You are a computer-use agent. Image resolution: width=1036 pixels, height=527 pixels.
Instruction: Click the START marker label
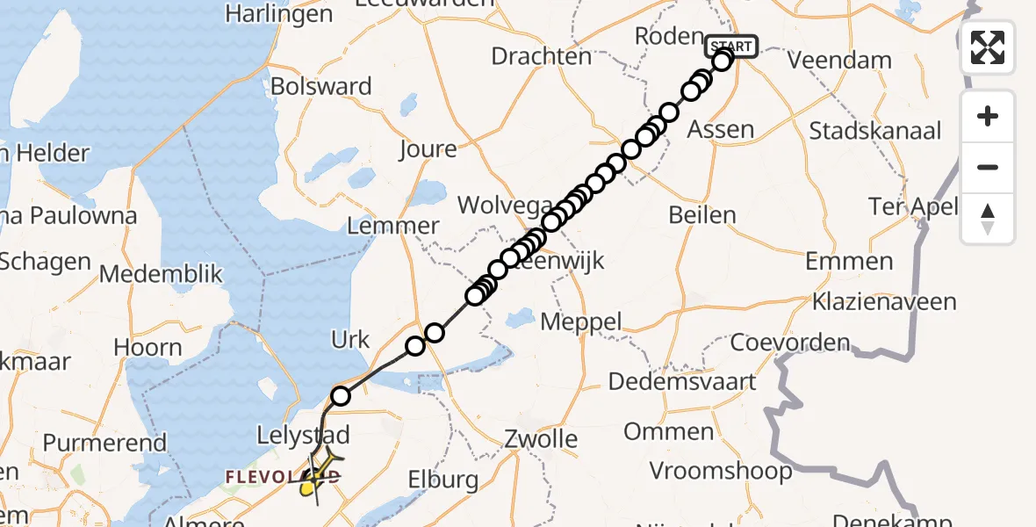[729, 46]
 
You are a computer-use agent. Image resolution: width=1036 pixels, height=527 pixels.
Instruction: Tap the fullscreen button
[988, 47]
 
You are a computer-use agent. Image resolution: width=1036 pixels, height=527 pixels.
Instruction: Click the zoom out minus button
[988, 167]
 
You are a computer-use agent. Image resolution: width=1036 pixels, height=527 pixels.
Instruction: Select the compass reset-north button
[988, 219]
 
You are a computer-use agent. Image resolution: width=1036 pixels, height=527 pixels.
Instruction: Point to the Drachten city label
[541, 56]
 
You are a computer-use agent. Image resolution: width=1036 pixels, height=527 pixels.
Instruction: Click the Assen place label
[721, 130]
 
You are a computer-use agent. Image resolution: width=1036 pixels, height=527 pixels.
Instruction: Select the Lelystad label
[304, 434]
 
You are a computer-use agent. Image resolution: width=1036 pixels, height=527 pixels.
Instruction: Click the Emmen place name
[848, 261]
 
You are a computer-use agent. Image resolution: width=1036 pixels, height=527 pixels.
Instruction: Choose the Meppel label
[580, 321]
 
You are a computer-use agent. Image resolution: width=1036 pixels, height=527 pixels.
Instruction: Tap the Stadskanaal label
[874, 131]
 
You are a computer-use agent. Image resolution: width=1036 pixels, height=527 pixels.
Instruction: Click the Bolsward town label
[321, 86]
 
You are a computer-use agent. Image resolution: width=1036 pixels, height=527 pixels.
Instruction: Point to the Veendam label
[839, 61]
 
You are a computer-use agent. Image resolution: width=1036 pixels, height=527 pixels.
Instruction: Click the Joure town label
[428, 148]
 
